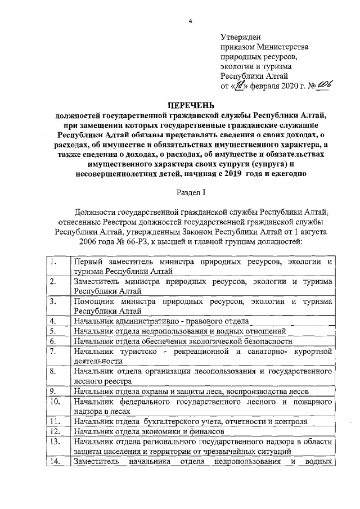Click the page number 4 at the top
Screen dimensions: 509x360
191,21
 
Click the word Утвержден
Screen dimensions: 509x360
241,37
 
